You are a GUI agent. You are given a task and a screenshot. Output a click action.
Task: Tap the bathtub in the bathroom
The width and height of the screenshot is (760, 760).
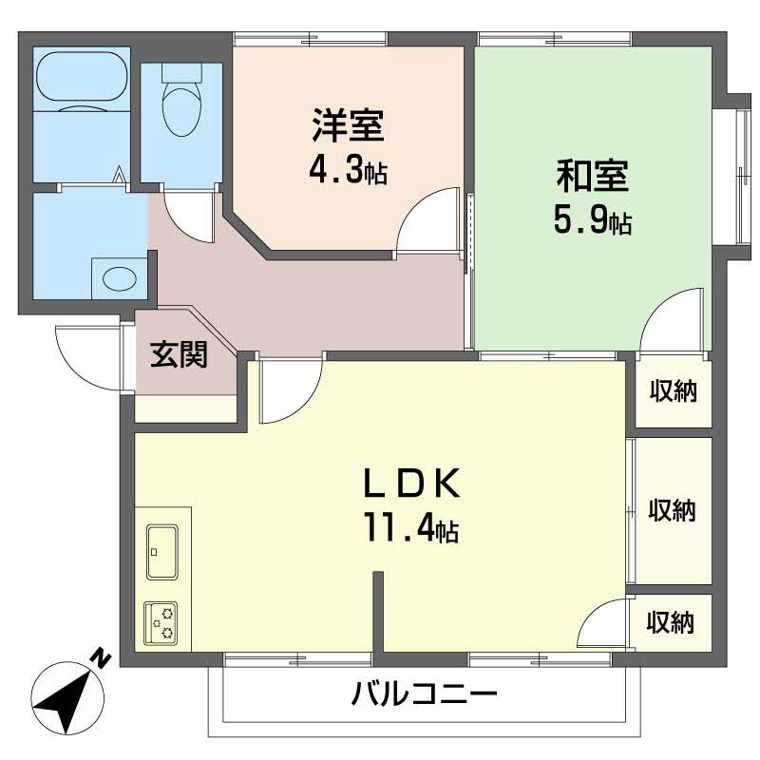(x=82, y=81)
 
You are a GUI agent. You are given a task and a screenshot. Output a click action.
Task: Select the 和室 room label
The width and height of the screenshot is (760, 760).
(x=593, y=178)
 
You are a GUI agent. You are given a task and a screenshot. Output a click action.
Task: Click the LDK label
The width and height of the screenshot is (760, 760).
(x=412, y=484)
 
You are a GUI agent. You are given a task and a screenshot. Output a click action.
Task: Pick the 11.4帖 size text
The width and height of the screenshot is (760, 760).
(x=409, y=528)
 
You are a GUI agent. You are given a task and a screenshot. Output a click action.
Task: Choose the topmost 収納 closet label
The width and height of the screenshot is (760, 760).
(x=674, y=389)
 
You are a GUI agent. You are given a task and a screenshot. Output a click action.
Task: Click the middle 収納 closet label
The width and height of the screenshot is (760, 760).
(x=673, y=510)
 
